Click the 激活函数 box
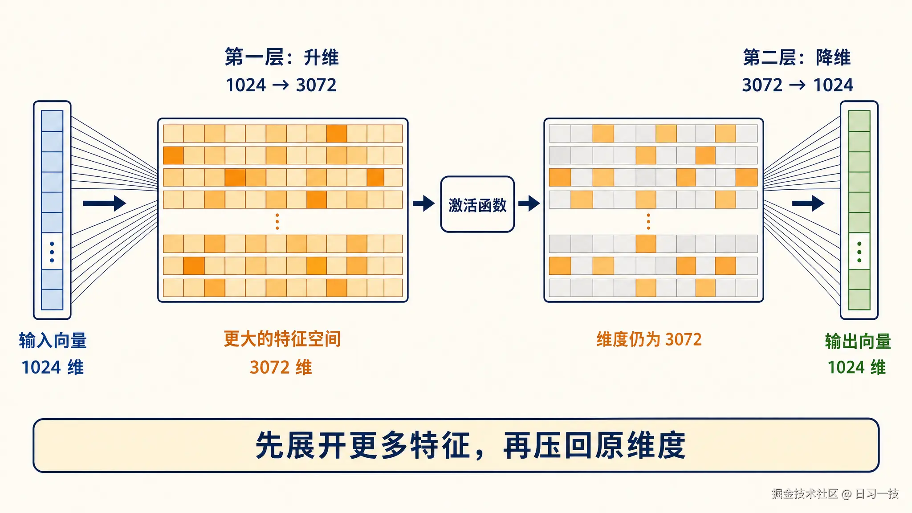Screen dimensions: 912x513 coord(477,204)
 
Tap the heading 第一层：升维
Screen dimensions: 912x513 coord(281,57)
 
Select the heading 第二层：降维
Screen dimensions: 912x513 coord(797,57)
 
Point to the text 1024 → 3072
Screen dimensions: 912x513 coord(281,85)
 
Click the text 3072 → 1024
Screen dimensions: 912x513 coord(798,85)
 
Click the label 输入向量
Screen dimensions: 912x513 coord(53,341)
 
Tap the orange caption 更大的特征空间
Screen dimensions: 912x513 coord(282,339)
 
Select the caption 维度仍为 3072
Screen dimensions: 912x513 coord(649,339)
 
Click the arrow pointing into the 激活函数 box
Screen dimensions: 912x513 coord(424,204)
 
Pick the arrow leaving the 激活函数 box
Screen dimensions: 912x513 coord(529,204)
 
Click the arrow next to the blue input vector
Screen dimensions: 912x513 coord(105,203)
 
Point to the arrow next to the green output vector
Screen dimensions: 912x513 coord(808,203)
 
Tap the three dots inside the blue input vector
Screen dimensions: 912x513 coord(52,252)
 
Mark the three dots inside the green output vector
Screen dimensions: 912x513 coord(859,252)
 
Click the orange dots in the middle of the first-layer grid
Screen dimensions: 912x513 coord(277,221)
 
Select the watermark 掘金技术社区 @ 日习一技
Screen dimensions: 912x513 coord(835,494)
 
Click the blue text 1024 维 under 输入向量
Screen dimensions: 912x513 coord(53,367)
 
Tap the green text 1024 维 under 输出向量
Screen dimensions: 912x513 coord(857,367)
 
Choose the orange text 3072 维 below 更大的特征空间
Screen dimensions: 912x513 coord(281,367)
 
